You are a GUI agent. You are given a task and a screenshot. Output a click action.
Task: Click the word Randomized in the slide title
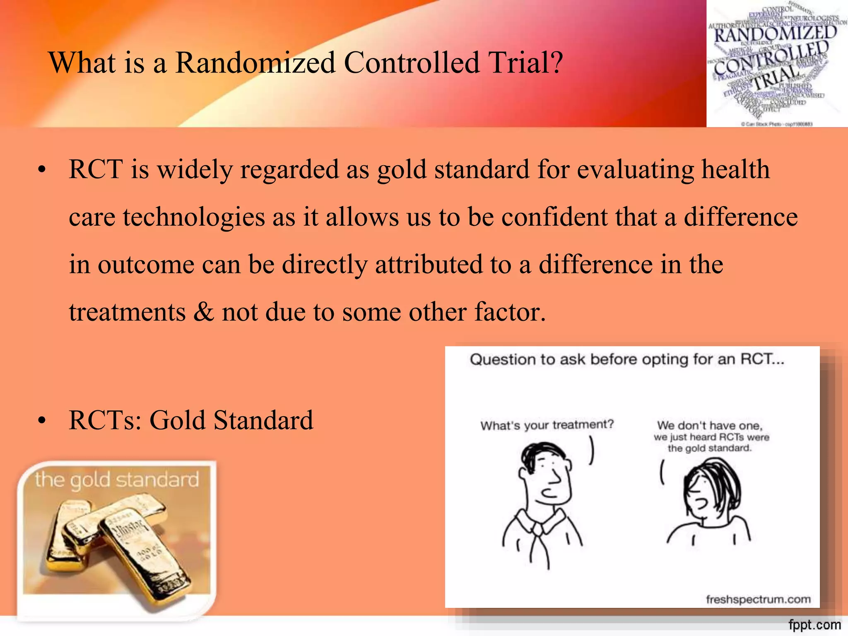[255, 63]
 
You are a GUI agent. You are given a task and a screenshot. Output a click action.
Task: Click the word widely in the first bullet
[195, 170]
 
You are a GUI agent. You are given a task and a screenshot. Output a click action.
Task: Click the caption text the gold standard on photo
[117, 480]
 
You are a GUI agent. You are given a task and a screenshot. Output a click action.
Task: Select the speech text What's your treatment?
[547, 425]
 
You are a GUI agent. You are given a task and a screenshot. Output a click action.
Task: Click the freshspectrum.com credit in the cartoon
[758, 599]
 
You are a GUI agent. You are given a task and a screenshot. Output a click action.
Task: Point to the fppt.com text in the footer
[814, 624]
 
